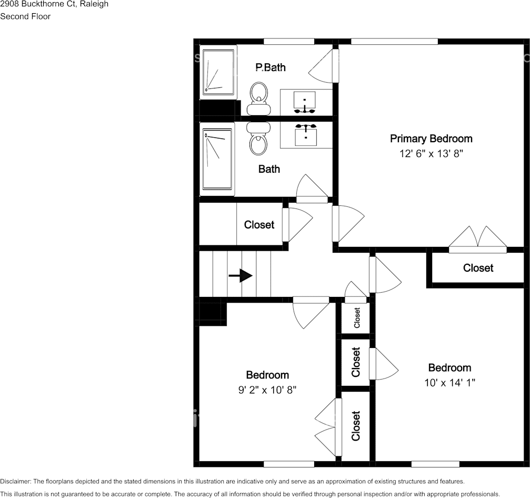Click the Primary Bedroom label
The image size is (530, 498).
click(431, 138)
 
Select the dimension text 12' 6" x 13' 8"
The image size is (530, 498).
click(431, 154)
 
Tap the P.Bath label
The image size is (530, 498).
click(271, 67)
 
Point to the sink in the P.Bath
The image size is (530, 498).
click(305, 101)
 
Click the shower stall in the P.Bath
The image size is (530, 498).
click(217, 73)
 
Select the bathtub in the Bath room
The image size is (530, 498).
click(217, 159)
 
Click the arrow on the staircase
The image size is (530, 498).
click(241, 275)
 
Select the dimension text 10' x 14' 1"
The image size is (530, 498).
click(449, 383)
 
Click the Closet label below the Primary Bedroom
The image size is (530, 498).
click(478, 268)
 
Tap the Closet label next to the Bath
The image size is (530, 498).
click(259, 225)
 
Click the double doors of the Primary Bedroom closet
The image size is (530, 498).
click(478, 237)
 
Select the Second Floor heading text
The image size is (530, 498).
click(25, 16)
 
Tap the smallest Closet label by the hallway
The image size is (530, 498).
click(357, 318)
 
